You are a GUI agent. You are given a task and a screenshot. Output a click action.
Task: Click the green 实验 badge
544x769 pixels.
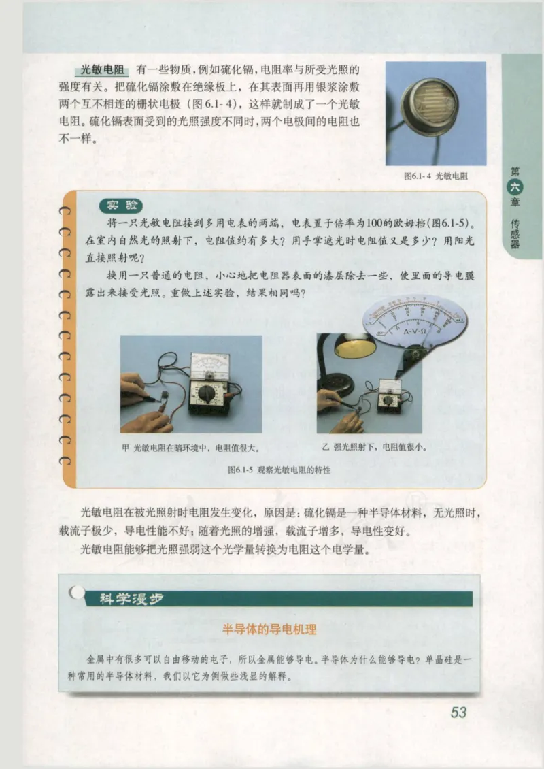pos(122,206)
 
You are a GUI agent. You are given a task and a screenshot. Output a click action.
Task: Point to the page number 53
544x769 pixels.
pos(458,713)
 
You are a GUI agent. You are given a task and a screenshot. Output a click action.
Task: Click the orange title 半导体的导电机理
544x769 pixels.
pos(270,630)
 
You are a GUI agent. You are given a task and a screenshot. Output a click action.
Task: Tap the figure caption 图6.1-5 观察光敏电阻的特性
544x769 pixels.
pos(271,470)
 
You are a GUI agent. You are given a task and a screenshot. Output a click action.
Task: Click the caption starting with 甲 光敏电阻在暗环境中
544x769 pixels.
pos(191,448)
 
